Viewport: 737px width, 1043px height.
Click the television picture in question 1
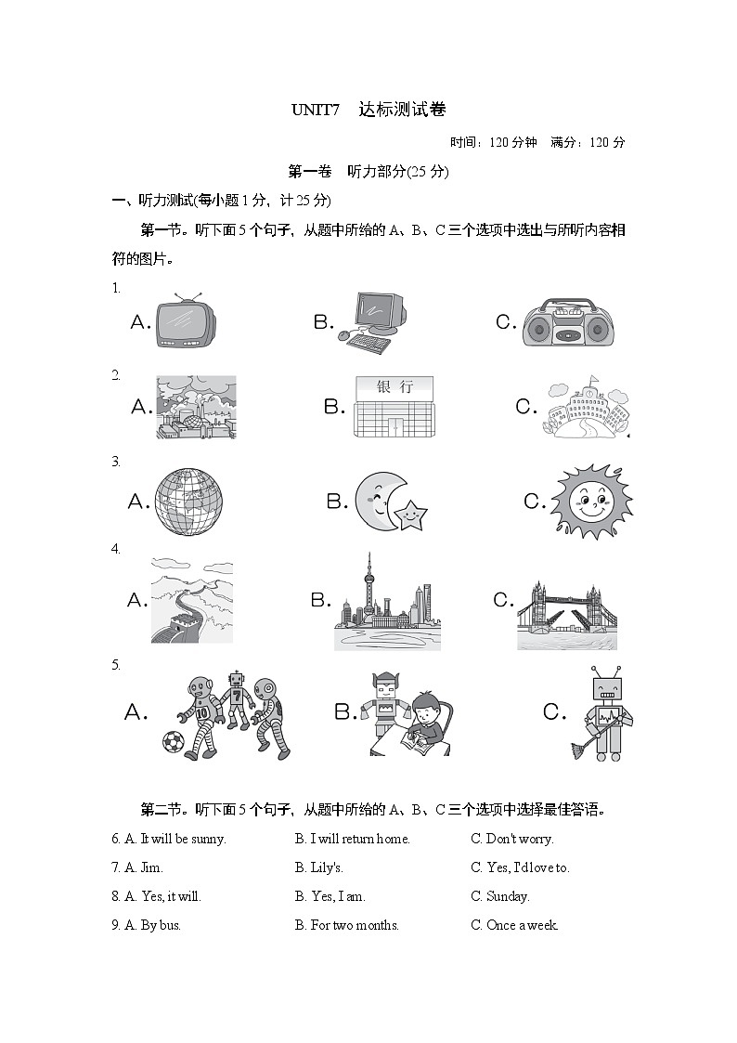tap(186, 322)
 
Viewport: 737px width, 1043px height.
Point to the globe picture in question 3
tap(188, 502)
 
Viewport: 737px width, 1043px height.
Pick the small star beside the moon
tap(410, 514)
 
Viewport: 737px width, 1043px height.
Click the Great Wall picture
tap(191, 601)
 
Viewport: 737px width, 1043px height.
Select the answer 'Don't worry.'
tap(520, 839)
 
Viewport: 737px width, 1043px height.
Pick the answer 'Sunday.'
tap(508, 896)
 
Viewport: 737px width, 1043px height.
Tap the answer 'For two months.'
tap(355, 925)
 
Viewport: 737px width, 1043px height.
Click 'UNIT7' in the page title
tap(317, 110)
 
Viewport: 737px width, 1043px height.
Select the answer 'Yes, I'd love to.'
tap(528, 867)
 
